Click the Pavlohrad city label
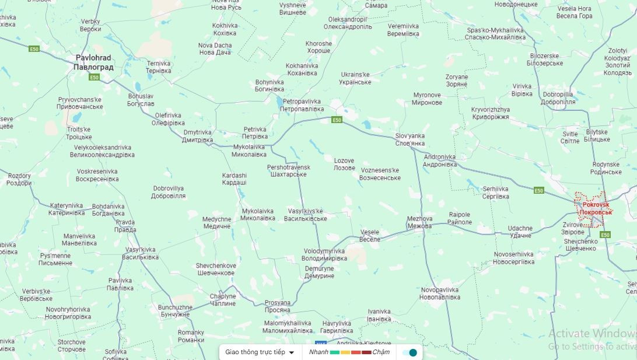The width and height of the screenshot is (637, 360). pyautogui.click(x=93, y=62)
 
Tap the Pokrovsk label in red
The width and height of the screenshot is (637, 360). pyautogui.click(x=596, y=208)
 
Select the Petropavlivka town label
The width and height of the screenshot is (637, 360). pyautogui.click(x=302, y=105)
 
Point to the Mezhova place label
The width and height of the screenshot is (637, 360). pyautogui.click(x=419, y=222)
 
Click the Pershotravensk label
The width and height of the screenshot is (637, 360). pyautogui.click(x=288, y=170)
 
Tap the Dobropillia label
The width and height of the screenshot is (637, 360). pyautogui.click(x=558, y=97)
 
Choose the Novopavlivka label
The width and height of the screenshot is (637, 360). pyautogui.click(x=440, y=293)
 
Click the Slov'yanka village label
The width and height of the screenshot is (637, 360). pyautogui.click(x=410, y=139)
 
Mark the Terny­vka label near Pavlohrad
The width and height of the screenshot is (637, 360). pyautogui.click(x=158, y=67)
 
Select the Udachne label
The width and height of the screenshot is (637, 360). pyautogui.click(x=520, y=232)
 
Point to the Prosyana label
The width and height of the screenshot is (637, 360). pyautogui.click(x=278, y=306)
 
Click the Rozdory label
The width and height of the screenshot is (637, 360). pyautogui.click(x=19, y=179)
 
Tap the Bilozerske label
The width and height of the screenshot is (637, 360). pyautogui.click(x=546, y=60)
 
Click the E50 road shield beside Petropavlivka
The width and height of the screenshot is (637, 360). pyautogui.click(x=337, y=120)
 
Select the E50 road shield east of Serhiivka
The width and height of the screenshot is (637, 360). pyautogui.click(x=538, y=190)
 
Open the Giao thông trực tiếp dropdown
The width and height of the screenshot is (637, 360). pyautogui.click(x=260, y=352)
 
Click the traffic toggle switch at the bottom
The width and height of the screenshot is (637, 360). pyautogui.click(x=409, y=352)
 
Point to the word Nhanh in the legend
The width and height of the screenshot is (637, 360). pyautogui.click(x=318, y=352)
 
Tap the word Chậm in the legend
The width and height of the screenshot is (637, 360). pyautogui.click(x=381, y=352)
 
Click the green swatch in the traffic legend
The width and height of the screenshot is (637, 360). pyautogui.click(x=335, y=352)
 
